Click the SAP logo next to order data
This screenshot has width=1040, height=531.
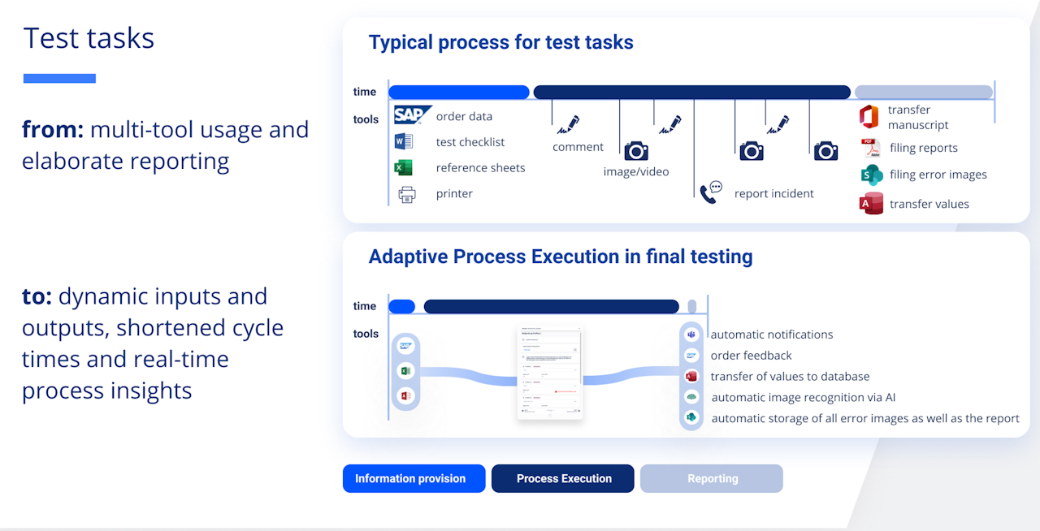(412, 115)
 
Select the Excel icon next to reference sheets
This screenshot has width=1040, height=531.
(403, 168)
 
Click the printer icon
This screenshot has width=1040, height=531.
(407, 194)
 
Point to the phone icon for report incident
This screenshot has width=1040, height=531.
(711, 192)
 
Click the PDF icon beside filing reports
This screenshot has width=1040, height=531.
(871, 149)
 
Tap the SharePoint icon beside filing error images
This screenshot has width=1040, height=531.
(872, 175)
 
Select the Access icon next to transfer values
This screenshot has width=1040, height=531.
(871, 204)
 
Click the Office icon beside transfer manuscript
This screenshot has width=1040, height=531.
(869, 116)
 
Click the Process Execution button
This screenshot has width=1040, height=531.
(563, 478)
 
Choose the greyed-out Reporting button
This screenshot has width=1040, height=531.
(712, 478)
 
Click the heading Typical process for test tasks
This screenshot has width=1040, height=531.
(500, 42)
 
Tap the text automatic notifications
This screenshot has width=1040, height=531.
(771, 335)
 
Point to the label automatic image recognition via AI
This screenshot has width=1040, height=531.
(803, 397)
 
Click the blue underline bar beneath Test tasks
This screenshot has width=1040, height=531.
(59, 79)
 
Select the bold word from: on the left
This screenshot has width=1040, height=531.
(53, 130)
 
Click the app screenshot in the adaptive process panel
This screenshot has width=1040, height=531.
(550, 373)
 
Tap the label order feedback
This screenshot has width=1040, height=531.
(751, 356)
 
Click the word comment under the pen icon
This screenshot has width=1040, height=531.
(578, 147)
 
